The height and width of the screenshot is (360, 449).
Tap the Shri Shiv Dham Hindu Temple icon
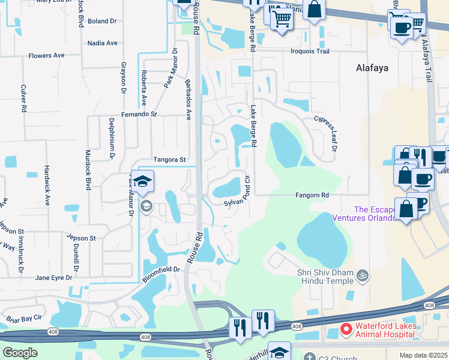pos(361,275)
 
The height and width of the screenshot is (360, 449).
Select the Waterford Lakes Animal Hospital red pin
pos(346,329)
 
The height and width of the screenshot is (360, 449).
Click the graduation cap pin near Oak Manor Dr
pos(142,182)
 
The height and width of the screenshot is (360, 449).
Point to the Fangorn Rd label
pos(312,196)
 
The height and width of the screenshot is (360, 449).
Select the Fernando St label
pos(139,114)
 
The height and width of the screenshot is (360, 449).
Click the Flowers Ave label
pos(46,56)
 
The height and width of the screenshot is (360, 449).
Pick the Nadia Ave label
pos(102,43)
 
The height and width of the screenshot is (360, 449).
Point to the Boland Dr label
pos(101,21)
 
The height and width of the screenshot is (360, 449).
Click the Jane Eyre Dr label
pos(53,278)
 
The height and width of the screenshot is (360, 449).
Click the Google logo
pos(20,353)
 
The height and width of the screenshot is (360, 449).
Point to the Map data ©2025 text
pos(423,355)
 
